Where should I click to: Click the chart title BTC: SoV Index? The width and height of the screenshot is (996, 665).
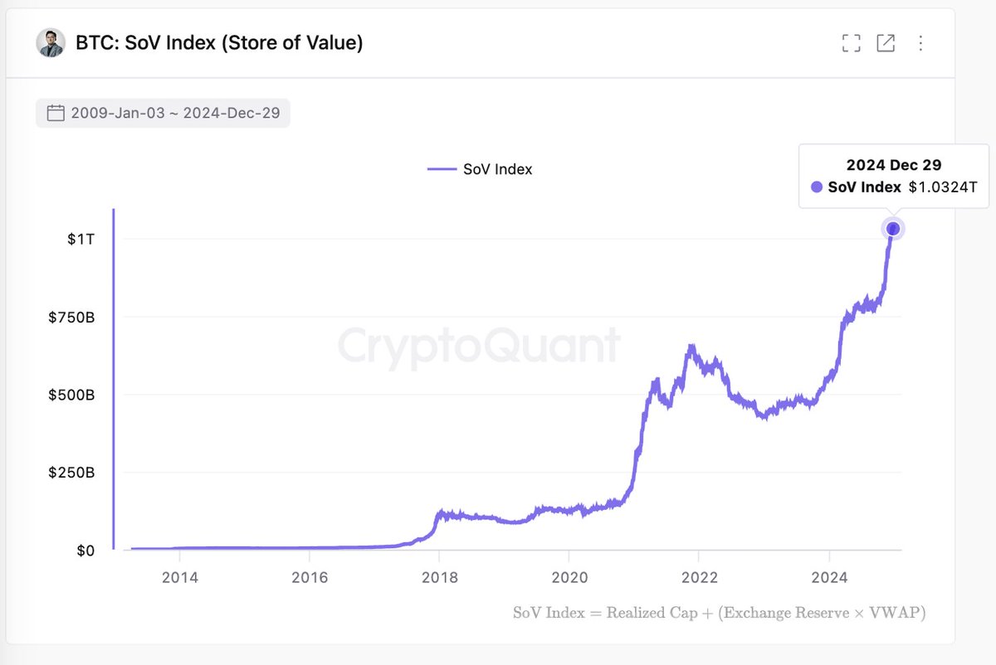(x=219, y=43)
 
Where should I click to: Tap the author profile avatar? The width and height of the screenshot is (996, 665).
(x=51, y=43)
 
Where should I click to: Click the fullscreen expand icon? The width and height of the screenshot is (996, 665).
(x=851, y=43)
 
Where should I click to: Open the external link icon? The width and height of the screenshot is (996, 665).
(x=886, y=43)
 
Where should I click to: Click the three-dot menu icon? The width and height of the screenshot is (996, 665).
(x=920, y=43)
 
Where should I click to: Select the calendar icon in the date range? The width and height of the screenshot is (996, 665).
(x=56, y=113)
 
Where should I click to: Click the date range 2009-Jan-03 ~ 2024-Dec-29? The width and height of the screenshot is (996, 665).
(x=175, y=113)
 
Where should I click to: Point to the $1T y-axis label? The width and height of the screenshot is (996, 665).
(x=82, y=239)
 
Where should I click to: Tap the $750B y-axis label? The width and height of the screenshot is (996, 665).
(x=72, y=317)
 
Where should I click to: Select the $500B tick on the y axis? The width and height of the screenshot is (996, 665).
(x=72, y=395)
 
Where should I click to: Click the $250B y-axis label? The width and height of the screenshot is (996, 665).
(x=72, y=473)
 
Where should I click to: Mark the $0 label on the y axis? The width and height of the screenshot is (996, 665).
(x=85, y=551)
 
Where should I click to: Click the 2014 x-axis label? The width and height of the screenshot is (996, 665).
(x=179, y=577)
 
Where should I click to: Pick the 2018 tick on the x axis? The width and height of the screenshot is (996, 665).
(x=439, y=577)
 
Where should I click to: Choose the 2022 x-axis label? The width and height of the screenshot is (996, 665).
(x=699, y=577)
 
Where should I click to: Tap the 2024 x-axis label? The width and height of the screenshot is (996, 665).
(x=829, y=577)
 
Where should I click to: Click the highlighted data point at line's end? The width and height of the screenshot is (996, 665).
(x=893, y=228)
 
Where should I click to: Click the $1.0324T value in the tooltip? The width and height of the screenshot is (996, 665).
(x=943, y=187)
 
